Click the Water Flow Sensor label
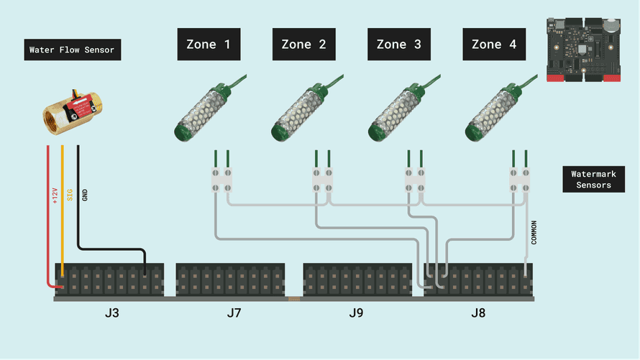pyautogui.click(x=72, y=50)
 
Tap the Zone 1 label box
pyautogui.click(x=209, y=45)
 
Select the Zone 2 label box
pyautogui.click(x=303, y=45)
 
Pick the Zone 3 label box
pyautogui.click(x=399, y=45)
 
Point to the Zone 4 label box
pyautogui.click(x=494, y=45)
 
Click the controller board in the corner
pyautogui.click(x=583, y=49)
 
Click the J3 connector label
pyautogui.click(x=111, y=313)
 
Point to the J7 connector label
pyautogui.click(x=234, y=313)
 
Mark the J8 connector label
pyautogui.click(x=478, y=313)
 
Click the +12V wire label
pyautogui.click(x=55, y=195)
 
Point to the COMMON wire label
pyautogui.click(x=534, y=231)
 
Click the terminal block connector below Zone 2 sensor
pyautogui.click(x=322, y=180)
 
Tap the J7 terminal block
pyautogui.click(x=230, y=279)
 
